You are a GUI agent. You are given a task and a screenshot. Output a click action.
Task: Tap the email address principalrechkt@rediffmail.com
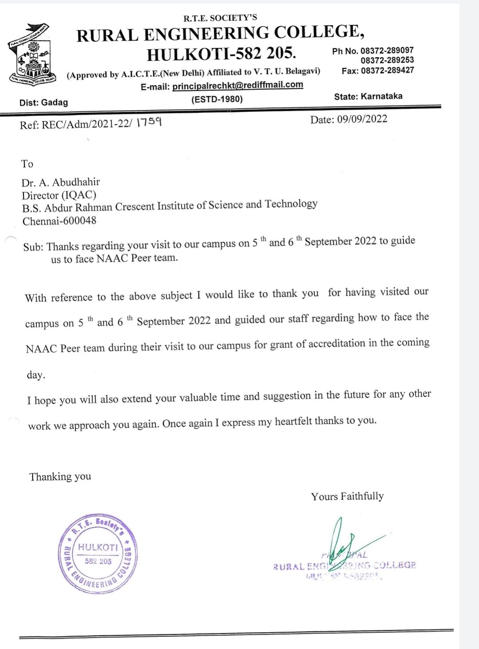(x=237, y=85)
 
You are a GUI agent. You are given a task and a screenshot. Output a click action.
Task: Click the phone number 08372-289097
(x=387, y=51)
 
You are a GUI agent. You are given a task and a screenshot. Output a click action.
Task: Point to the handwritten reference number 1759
(x=149, y=122)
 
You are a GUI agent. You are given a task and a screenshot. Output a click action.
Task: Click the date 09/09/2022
(x=362, y=119)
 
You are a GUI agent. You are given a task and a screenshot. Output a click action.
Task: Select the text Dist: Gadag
(x=43, y=102)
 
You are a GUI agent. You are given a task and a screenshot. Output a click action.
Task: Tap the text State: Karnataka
(x=368, y=96)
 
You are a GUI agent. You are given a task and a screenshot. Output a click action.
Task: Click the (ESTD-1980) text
(x=217, y=99)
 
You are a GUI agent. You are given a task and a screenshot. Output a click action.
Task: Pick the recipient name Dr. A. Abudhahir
(x=61, y=182)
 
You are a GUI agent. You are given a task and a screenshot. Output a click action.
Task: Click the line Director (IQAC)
(x=59, y=195)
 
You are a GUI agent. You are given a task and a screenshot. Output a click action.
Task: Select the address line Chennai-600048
(x=59, y=220)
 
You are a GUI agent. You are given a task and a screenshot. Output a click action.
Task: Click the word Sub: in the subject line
(x=33, y=247)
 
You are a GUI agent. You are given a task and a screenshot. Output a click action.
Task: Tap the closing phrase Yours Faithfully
(x=347, y=496)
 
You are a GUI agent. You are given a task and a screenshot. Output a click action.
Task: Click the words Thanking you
(x=60, y=477)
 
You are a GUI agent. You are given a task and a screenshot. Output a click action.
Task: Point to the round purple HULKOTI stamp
(x=98, y=554)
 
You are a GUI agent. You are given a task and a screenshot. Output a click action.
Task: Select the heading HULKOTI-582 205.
(x=221, y=54)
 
